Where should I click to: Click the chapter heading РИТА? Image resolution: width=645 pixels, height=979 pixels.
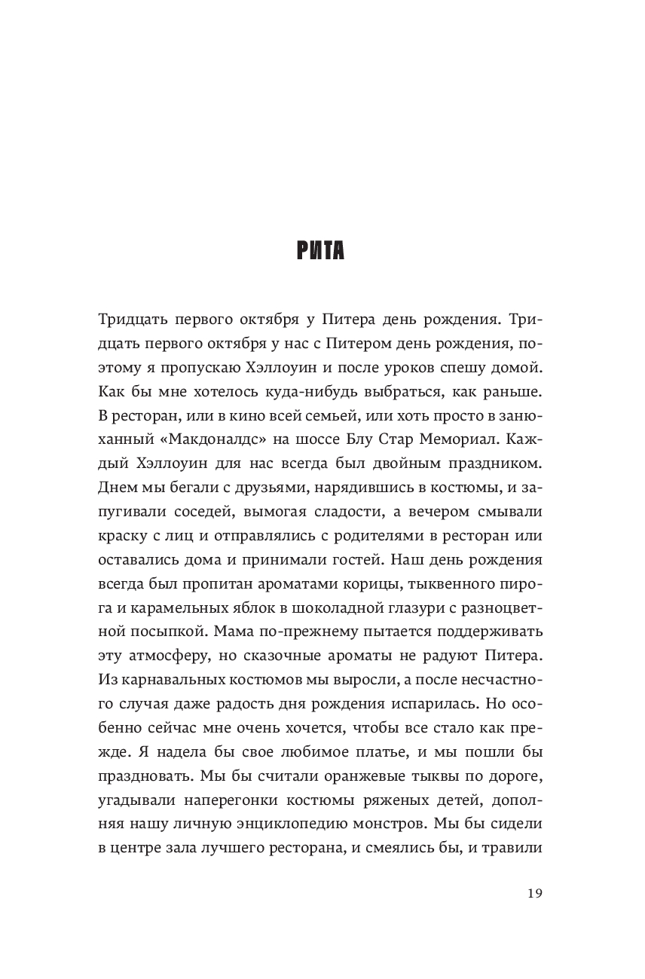tap(321, 249)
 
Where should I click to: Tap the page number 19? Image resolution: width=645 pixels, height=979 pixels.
tap(534, 893)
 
